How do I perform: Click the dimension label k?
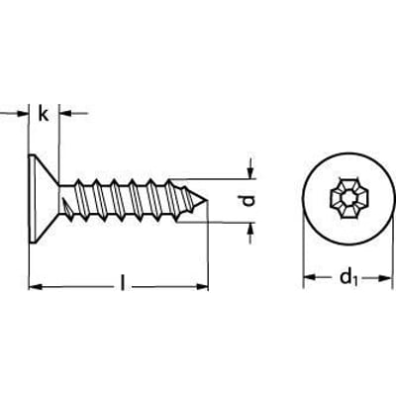44,115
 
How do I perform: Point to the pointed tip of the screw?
208,201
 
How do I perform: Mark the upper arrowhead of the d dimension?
251,171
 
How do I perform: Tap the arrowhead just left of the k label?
24,115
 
